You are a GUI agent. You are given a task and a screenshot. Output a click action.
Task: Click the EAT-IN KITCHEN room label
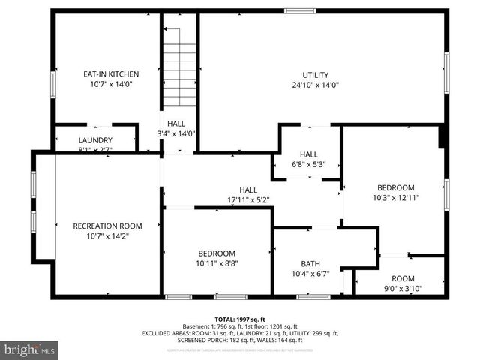click(111, 74)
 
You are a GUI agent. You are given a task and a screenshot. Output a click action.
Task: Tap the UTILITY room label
click(316, 75)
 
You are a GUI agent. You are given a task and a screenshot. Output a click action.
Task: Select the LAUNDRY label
click(95, 140)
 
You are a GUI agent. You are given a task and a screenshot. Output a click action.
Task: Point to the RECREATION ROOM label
click(107, 226)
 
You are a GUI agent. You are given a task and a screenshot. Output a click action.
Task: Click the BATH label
click(310, 264)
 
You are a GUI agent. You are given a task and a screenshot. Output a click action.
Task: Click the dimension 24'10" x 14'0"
click(316, 85)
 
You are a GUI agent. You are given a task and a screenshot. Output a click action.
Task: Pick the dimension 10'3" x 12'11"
click(395, 198)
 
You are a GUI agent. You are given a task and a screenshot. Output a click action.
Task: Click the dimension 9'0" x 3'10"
click(403, 289)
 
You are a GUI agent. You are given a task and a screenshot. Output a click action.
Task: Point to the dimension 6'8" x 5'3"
click(309, 164)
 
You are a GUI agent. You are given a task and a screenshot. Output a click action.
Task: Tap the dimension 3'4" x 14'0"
click(176, 134)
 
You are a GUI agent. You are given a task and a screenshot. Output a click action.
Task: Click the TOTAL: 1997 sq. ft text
click(241, 319)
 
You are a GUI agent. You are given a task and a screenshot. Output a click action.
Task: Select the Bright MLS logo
click(30, 349)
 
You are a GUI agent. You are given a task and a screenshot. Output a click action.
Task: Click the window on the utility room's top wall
click(299, 11)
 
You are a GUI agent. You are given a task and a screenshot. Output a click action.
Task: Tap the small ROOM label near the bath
click(403, 278)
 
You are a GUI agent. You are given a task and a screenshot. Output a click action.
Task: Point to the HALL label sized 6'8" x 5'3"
click(309, 154)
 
